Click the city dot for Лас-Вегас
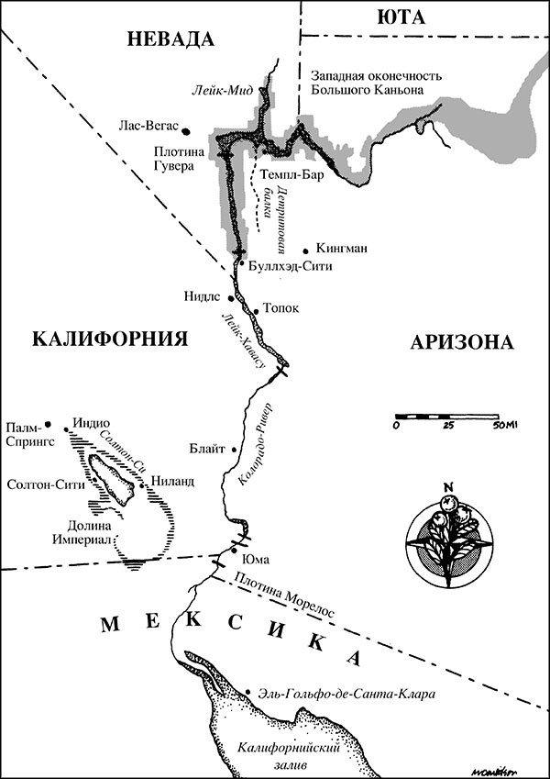(186, 130)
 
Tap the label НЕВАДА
(170, 39)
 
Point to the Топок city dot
(257, 310)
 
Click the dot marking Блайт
(236, 450)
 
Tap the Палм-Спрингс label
(29, 434)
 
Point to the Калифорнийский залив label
(275, 754)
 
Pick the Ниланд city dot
(141, 478)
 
